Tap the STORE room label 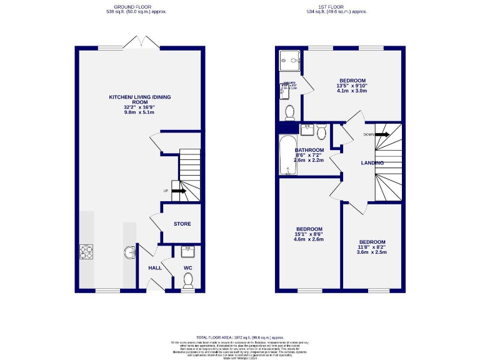point(182,224)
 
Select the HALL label point(155,268)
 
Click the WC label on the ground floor point(188,268)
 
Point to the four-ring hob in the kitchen point(86,252)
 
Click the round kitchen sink point(130,252)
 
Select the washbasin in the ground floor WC point(188,252)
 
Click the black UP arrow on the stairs point(178,191)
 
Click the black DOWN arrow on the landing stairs point(382,134)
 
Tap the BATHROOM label point(309,151)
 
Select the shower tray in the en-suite point(289,61)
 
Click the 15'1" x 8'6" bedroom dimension point(307,234)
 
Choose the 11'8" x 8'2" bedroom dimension point(372,247)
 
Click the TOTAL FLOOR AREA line point(241,336)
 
